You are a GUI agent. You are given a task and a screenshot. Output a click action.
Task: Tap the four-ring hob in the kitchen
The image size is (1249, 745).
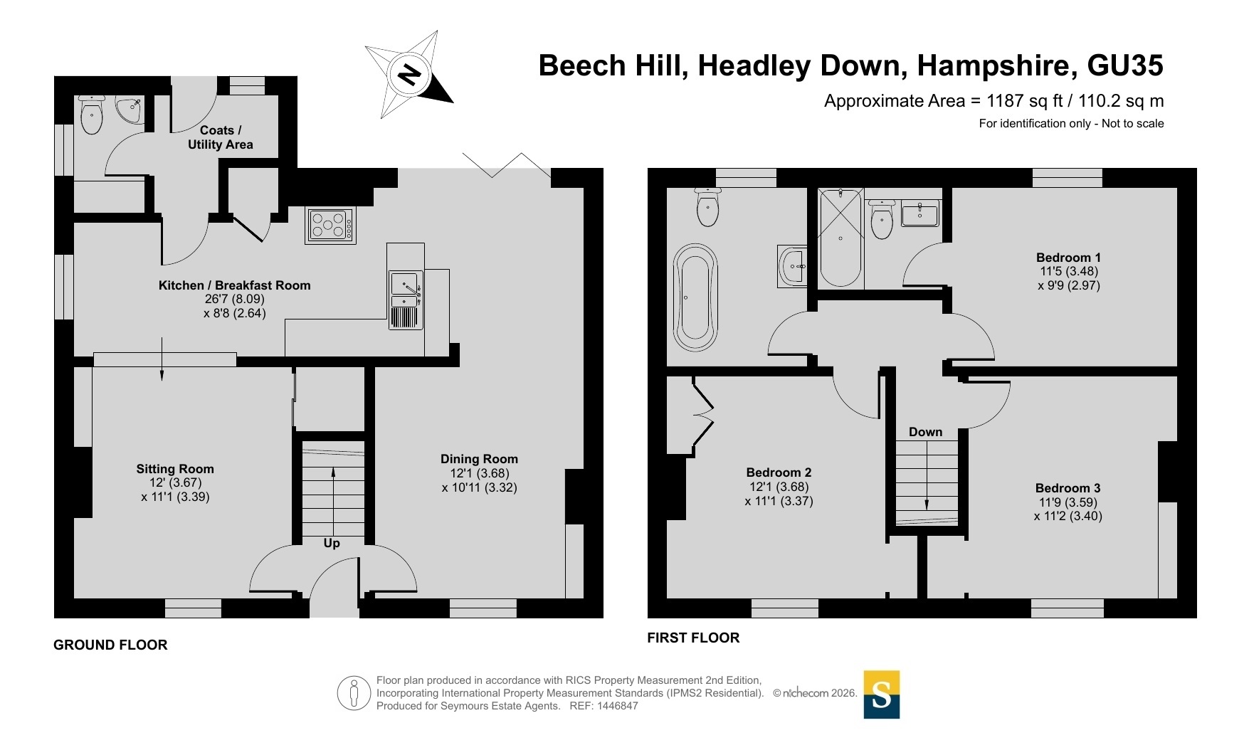[x=330, y=225]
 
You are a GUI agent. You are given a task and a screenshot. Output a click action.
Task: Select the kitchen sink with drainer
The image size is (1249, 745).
[x=406, y=300]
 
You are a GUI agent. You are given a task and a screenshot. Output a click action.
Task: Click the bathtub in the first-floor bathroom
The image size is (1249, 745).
[x=695, y=297]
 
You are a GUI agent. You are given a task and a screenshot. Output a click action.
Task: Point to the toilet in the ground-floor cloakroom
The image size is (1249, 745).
[x=92, y=115]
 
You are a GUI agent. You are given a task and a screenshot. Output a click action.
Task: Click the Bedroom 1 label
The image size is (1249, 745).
[x=1068, y=258]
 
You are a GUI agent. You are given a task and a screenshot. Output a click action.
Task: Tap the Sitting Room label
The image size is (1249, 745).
[x=175, y=469]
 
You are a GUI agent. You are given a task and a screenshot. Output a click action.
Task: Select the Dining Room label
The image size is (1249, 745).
[x=479, y=459]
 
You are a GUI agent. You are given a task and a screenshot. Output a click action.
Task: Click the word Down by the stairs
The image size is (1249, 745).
[x=925, y=432]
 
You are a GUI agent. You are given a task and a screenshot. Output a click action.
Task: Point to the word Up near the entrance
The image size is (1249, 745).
[x=332, y=543]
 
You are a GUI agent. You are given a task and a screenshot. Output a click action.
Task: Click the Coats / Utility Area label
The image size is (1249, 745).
[x=221, y=137]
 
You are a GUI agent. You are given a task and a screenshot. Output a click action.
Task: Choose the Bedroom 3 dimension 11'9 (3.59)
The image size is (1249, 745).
[x=1068, y=502]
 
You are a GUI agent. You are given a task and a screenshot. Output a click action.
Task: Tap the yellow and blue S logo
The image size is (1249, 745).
[x=882, y=694]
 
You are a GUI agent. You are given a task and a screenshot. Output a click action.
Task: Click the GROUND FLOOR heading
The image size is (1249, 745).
[x=110, y=645]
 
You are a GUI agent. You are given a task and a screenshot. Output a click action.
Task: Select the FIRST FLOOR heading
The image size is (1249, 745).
[x=693, y=638]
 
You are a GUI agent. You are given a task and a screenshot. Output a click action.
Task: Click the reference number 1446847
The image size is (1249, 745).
[x=618, y=706]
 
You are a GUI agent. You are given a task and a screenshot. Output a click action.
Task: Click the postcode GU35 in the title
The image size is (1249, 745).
[x=1125, y=65]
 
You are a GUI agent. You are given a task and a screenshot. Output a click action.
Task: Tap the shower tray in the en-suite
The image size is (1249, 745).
[x=840, y=238]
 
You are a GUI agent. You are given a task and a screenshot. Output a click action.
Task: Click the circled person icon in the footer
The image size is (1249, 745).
[x=354, y=693]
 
